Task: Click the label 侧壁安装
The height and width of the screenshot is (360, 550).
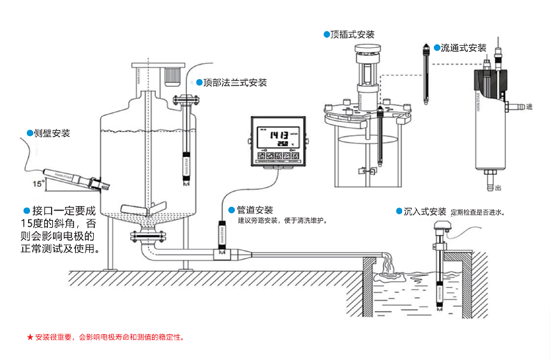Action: pos(52,133)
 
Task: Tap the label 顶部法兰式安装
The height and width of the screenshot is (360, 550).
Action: pos(235,82)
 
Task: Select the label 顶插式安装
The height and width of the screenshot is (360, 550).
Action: pos(352,34)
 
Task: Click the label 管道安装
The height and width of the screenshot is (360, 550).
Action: pos(255,210)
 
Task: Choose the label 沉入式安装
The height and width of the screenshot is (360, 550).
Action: pos(425,211)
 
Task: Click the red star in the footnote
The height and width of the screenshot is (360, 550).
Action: pos(30,336)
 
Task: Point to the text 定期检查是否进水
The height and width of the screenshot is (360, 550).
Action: pos(478,212)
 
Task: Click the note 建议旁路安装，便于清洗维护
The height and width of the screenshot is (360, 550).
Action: pos(282,221)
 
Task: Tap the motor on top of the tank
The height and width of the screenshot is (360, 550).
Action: pos(170,75)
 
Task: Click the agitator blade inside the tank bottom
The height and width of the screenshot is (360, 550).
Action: pos(144,210)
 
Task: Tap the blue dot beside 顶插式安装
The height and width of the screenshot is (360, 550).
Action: pos(326,34)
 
